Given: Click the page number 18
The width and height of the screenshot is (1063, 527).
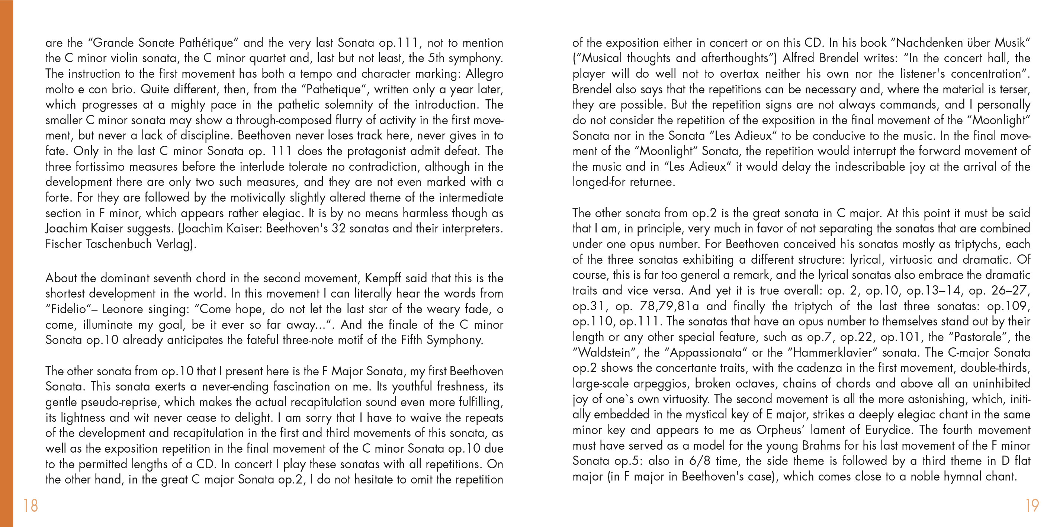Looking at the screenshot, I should point(30,505).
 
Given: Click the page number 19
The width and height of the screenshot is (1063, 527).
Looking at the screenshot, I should point(1032,505).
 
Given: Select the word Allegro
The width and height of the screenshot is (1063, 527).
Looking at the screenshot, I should point(485,74).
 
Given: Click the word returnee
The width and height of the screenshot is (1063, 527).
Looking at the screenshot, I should point(652,182).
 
